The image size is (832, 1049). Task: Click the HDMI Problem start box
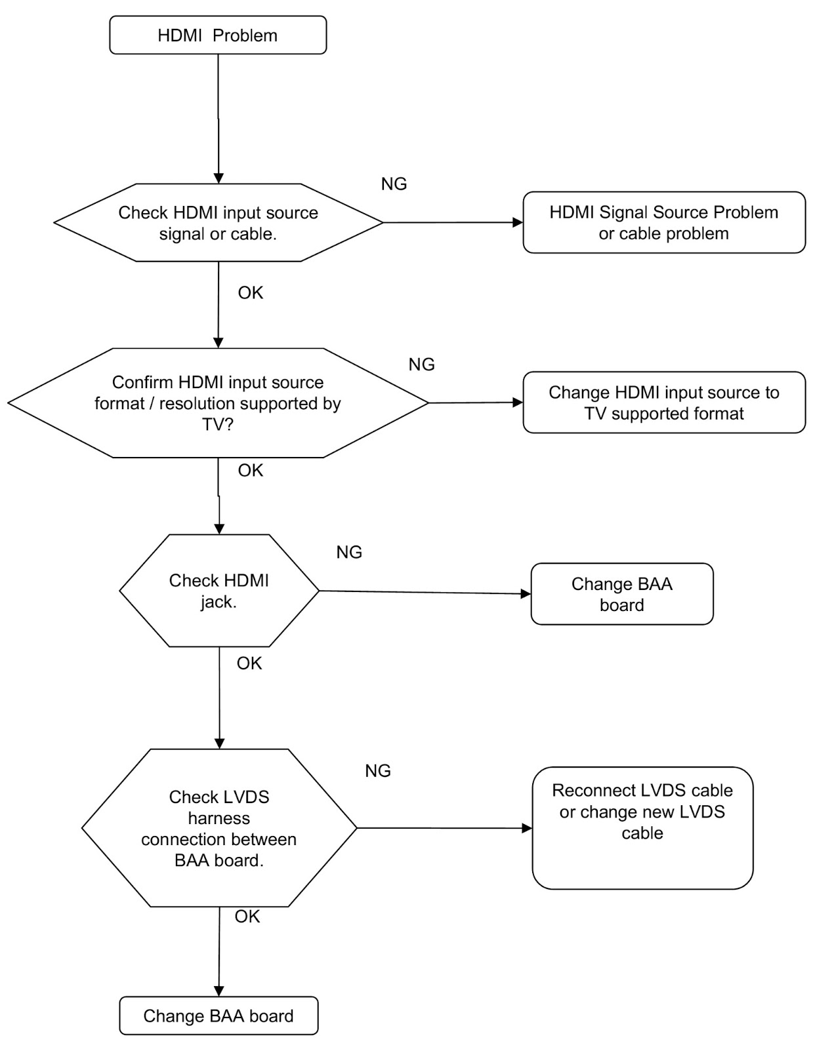tap(218, 35)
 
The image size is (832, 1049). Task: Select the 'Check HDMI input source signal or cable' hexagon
tap(218, 223)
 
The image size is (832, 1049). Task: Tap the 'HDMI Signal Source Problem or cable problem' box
tap(664, 222)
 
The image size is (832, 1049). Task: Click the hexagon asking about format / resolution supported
tap(218, 403)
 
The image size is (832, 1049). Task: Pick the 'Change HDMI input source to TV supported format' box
tap(664, 403)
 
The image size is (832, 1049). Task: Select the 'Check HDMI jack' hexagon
tap(219, 591)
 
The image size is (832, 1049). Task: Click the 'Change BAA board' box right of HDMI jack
tap(622, 594)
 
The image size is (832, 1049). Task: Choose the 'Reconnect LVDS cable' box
tap(642, 828)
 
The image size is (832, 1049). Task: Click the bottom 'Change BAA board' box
tap(218, 1016)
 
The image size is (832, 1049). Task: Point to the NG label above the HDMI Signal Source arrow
tap(394, 184)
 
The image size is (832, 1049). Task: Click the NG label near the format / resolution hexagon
tap(422, 364)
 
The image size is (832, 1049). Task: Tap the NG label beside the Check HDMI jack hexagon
tap(349, 552)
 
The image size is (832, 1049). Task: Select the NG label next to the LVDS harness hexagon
tap(378, 770)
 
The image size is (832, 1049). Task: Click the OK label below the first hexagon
tap(251, 292)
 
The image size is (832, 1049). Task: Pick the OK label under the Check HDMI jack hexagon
tap(249, 663)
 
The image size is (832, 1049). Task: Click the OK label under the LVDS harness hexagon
tap(247, 917)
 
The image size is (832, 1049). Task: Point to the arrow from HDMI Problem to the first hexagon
tap(218, 119)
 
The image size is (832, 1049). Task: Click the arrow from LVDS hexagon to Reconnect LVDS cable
tap(445, 827)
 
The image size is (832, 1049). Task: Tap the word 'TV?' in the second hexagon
tap(218, 425)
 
